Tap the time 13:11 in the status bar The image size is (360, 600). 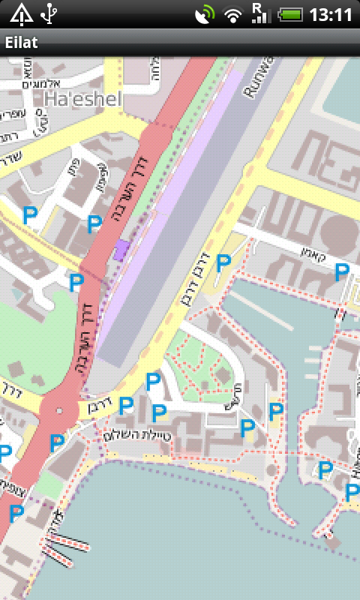[331, 13]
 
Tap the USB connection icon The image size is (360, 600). [50, 13]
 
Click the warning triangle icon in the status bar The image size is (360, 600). [21, 13]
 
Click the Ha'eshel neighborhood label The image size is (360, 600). [82, 99]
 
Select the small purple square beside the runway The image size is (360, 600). [121, 250]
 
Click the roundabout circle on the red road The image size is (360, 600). [58, 410]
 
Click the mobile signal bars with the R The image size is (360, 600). [261, 13]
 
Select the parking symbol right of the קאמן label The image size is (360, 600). [342, 271]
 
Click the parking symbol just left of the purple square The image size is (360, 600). [94, 223]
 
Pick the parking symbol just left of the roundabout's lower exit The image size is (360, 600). [56, 442]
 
